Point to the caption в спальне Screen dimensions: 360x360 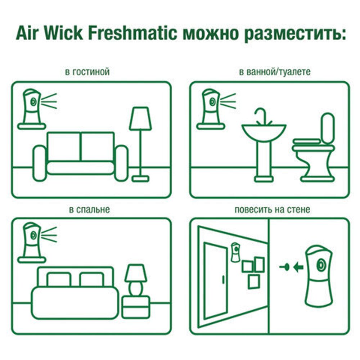pos(90,209)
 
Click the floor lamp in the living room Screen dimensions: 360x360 pos(140,144)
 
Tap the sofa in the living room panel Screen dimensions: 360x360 pos(81,157)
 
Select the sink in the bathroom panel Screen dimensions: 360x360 pos(264,144)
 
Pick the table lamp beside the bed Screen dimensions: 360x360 pos(135,279)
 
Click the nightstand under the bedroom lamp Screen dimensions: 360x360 pos(135,306)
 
